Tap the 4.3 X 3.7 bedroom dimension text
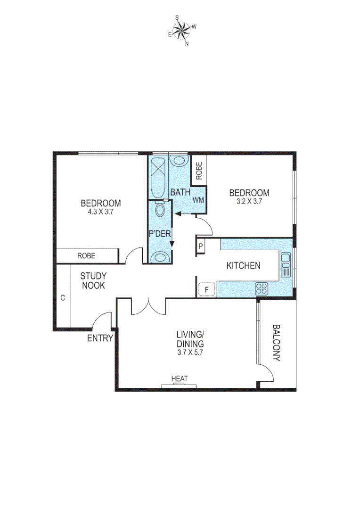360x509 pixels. pos(100,212)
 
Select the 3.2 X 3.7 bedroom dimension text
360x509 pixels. pos(249,201)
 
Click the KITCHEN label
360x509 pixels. pos(243,266)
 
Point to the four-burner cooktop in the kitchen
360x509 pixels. pos(262,288)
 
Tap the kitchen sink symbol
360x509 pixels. pos(285,265)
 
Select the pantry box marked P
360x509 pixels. pos(201,246)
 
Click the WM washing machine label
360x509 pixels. pos(198,200)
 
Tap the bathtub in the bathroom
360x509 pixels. pos(157,178)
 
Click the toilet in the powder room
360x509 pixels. pos(160,210)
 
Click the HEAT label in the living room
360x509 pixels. pos(180,378)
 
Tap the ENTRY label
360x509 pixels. pos(100,338)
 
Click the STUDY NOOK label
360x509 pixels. pos(93,280)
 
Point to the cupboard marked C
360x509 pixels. pos(62,298)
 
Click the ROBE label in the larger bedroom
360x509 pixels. pos(87,256)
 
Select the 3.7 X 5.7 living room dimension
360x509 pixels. pos(189,352)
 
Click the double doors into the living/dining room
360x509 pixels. pos(148,306)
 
